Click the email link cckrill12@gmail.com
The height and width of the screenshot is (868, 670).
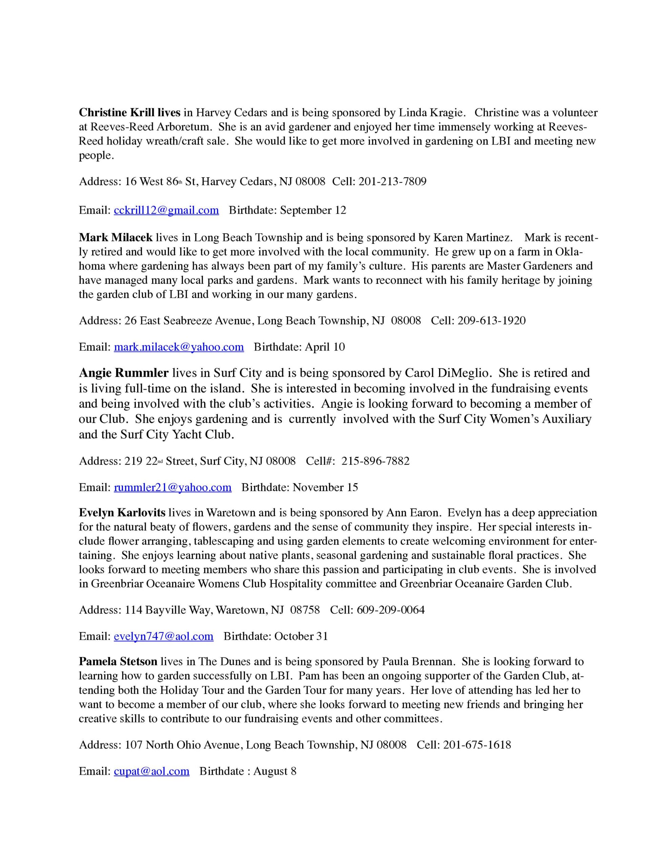166,210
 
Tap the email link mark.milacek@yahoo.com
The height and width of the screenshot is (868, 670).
179,347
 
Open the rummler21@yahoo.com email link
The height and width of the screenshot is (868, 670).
172,487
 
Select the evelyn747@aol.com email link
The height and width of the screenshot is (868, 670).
163,636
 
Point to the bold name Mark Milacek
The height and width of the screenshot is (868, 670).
116,238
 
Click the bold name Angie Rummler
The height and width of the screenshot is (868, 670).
124,373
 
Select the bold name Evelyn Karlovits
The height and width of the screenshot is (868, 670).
122,513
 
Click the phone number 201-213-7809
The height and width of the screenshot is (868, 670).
392,182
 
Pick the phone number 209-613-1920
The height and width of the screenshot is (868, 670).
491,320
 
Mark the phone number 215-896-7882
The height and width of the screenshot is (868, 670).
375,461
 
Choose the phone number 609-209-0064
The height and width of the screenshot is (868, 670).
391,610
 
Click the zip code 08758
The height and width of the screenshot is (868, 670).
305,610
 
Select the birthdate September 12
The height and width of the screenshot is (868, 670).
313,210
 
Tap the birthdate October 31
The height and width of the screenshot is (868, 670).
301,636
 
